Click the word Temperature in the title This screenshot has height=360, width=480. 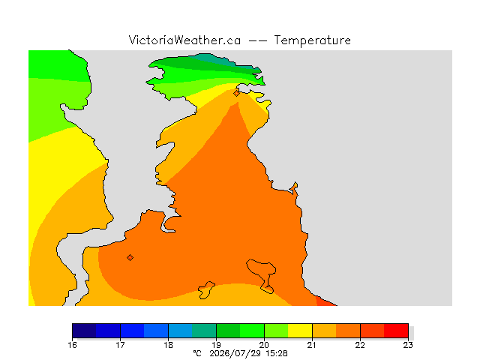pos(312,40)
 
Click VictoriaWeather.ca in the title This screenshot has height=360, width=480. pos(184,40)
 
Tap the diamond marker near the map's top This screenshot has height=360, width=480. pos(236,93)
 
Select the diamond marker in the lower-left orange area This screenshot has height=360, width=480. pos(130,258)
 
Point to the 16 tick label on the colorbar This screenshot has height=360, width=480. pos(73,345)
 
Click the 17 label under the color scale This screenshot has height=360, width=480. pos(120,345)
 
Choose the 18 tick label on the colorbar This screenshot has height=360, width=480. pos(168,345)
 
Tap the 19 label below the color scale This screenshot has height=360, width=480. pos(217,345)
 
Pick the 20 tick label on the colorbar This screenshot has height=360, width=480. pos(264,345)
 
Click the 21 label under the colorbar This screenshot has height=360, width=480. pos(312,345)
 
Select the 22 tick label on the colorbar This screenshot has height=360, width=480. pos(360,345)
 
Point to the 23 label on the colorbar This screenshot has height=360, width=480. pos(408,345)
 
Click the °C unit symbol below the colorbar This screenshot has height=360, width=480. pos(197,353)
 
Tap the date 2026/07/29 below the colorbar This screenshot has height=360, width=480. pos(235,353)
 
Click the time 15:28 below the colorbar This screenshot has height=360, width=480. pos(277,353)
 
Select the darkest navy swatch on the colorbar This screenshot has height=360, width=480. pos(84,331)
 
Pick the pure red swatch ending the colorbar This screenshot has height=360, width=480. pos(396,331)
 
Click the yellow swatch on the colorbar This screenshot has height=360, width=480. pos(300,331)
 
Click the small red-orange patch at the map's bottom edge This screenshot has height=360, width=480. pos(324,301)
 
